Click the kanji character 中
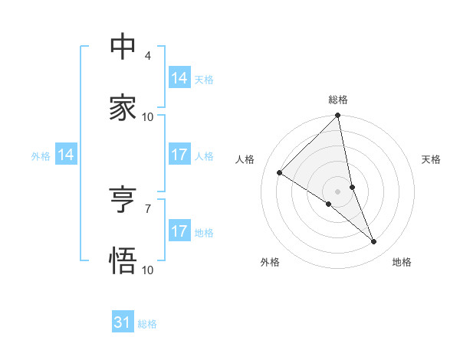(x=123, y=47)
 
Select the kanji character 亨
(x=123, y=200)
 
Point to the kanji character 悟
(x=123, y=261)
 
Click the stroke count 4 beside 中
(x=148, y=56)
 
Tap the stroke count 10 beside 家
(x=148, y=117)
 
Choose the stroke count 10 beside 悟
(x=148, y=270)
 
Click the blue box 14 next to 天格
(x=179, y=78)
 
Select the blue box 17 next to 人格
(x=179, y=155)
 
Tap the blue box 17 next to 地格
(x=179, y=231)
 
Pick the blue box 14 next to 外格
(x=66, y=155)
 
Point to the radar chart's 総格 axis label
(x=338, y=100)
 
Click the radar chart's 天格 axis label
(x=431, y=159)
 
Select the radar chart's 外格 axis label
(x=270, y=262)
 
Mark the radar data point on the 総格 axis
(x=338, y=116)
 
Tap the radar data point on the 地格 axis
(x=374, y=242)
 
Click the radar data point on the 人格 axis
(x=280, y=173)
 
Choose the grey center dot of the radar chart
(x=338, y=191)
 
